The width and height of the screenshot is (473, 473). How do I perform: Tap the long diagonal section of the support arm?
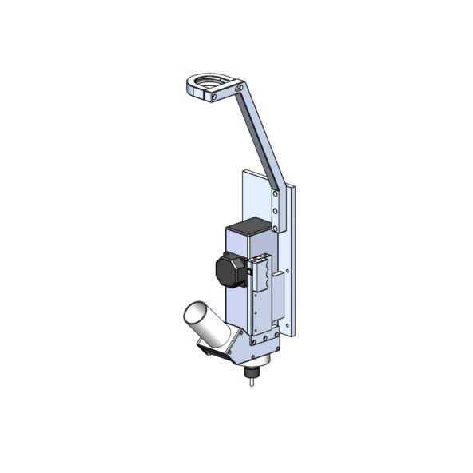pyautogui.click(x=256, y=136)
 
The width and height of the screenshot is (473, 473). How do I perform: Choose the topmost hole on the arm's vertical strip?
pyautogui.click(x=276, y=197)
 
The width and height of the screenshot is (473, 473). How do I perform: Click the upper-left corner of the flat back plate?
pyautogui.click(x=242, y=172)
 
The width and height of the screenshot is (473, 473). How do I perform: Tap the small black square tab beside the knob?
pyautogui.click(x=248, y=272)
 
